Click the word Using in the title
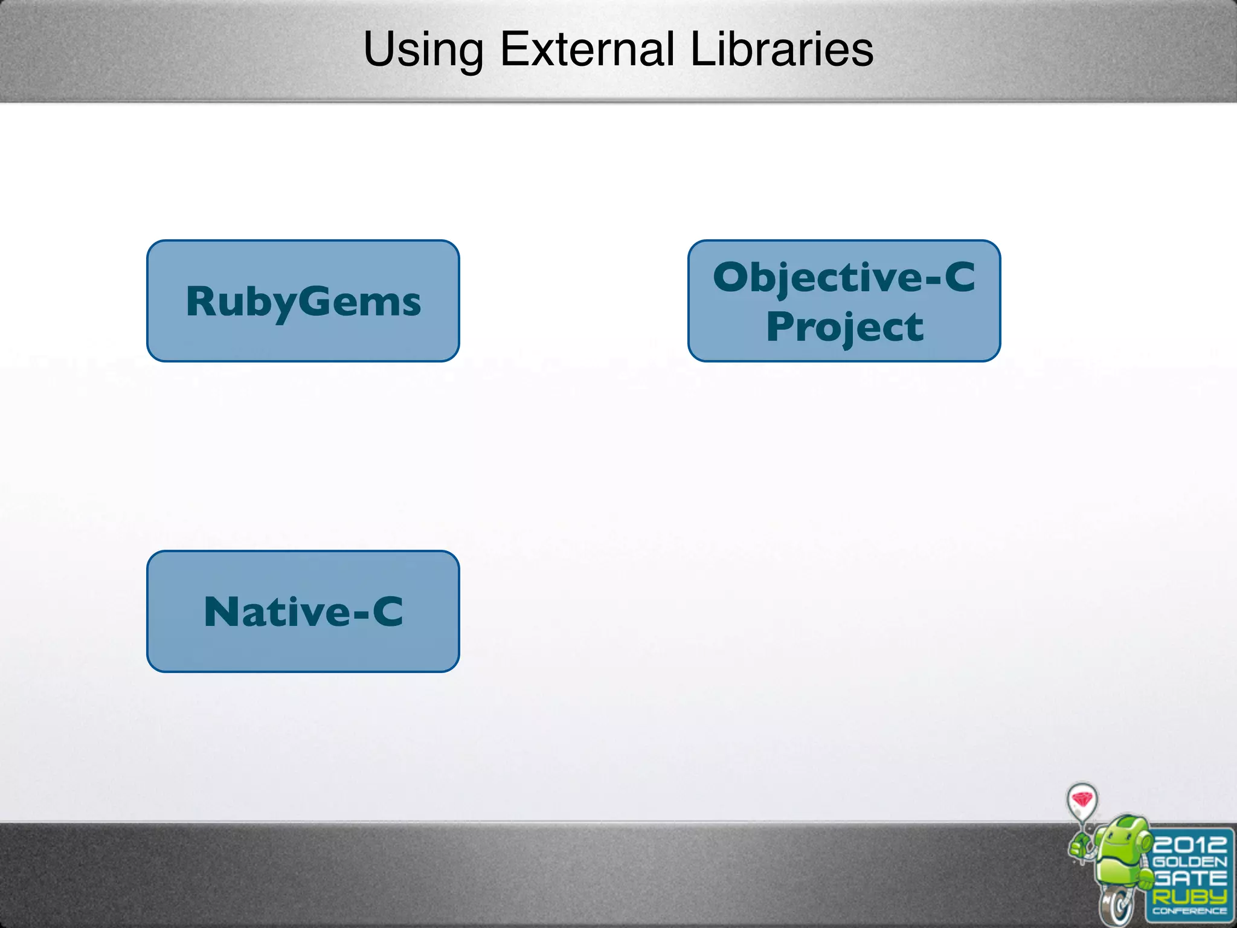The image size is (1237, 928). pyautogui.click(x=423, y=50)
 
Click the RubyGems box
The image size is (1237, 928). pyautogui.click(x=303, y=301)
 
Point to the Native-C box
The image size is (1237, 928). pyautogui.click(x=303, y=611)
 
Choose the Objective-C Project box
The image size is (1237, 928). pyautogui.click(x=844, y=301)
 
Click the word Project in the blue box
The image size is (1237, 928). pyautogui.click(x=844, y=327)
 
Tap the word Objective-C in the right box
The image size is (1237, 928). pyautogui.click(x=844, y=277)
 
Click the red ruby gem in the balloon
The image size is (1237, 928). pyautogui.click(x=1082, y=799)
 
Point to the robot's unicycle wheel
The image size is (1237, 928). pyautogui.click(x=1118, y=904)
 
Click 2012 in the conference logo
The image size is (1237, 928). pyautogui.click(x=1189, y=845)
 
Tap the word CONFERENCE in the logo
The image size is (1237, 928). pyautogui.click(x=1189, y=911)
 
